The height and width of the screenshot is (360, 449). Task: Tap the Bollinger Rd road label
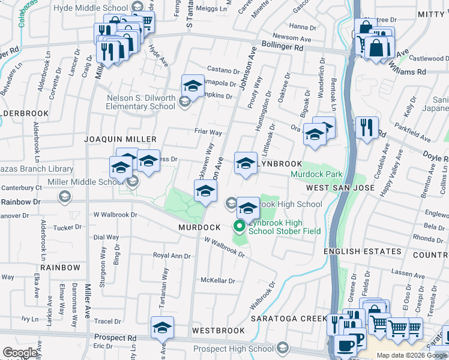point(279,47)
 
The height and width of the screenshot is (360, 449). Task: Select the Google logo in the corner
point(20,353)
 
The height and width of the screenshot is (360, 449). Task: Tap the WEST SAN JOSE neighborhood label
point(340,188)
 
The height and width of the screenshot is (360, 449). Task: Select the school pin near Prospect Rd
point(162,328)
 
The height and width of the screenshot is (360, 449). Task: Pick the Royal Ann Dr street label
point(172,256)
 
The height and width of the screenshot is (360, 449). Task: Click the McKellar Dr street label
point(217,280)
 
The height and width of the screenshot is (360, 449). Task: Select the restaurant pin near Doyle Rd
point(366,128)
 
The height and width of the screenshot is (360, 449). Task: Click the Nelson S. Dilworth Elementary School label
point(141,103)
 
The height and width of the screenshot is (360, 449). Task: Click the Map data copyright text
point(411,355)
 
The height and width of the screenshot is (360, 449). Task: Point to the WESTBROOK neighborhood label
point(218,331)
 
